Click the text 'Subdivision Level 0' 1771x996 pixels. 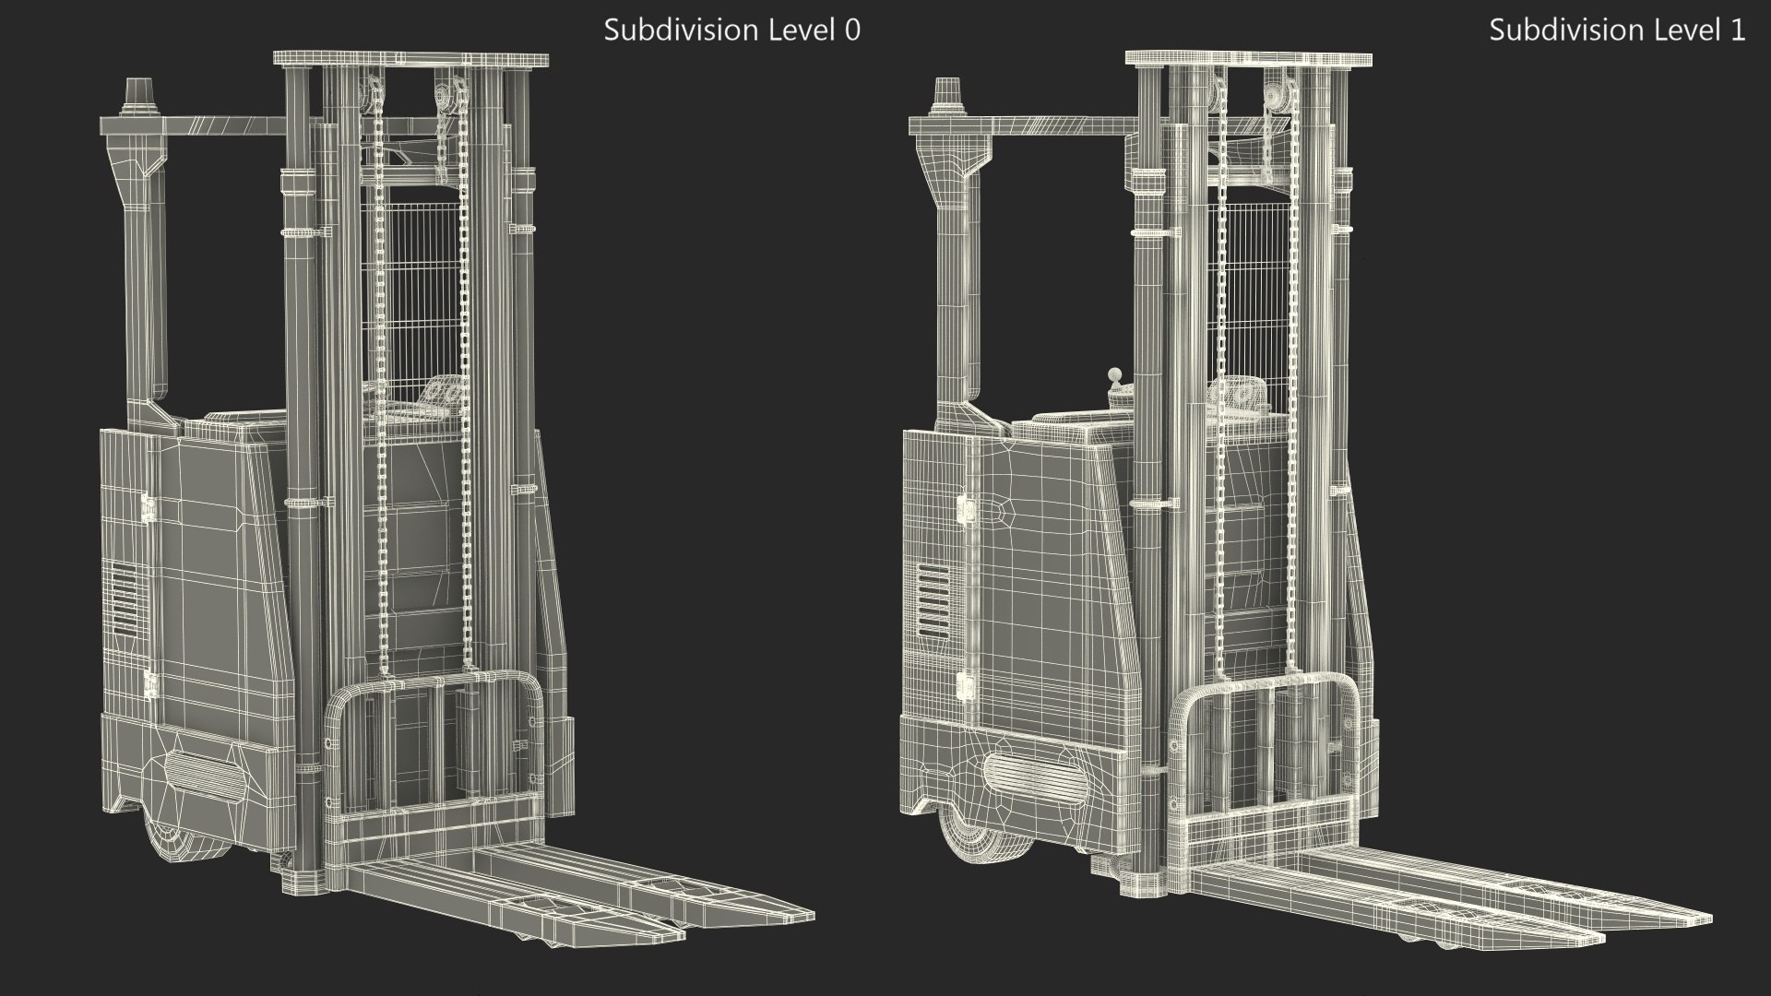[x=731, y=30]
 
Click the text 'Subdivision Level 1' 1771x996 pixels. [x=1616, y=30]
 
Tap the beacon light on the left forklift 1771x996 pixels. [x=136, y=95]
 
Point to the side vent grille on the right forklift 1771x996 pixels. [x=932, y=597]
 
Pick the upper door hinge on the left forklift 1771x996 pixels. [x=147, y=508]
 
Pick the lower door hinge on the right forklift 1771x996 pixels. [x=964, y=684]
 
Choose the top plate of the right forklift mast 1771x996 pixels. [x=1247, y=59]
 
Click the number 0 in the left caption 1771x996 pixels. [x=852, y=30]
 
